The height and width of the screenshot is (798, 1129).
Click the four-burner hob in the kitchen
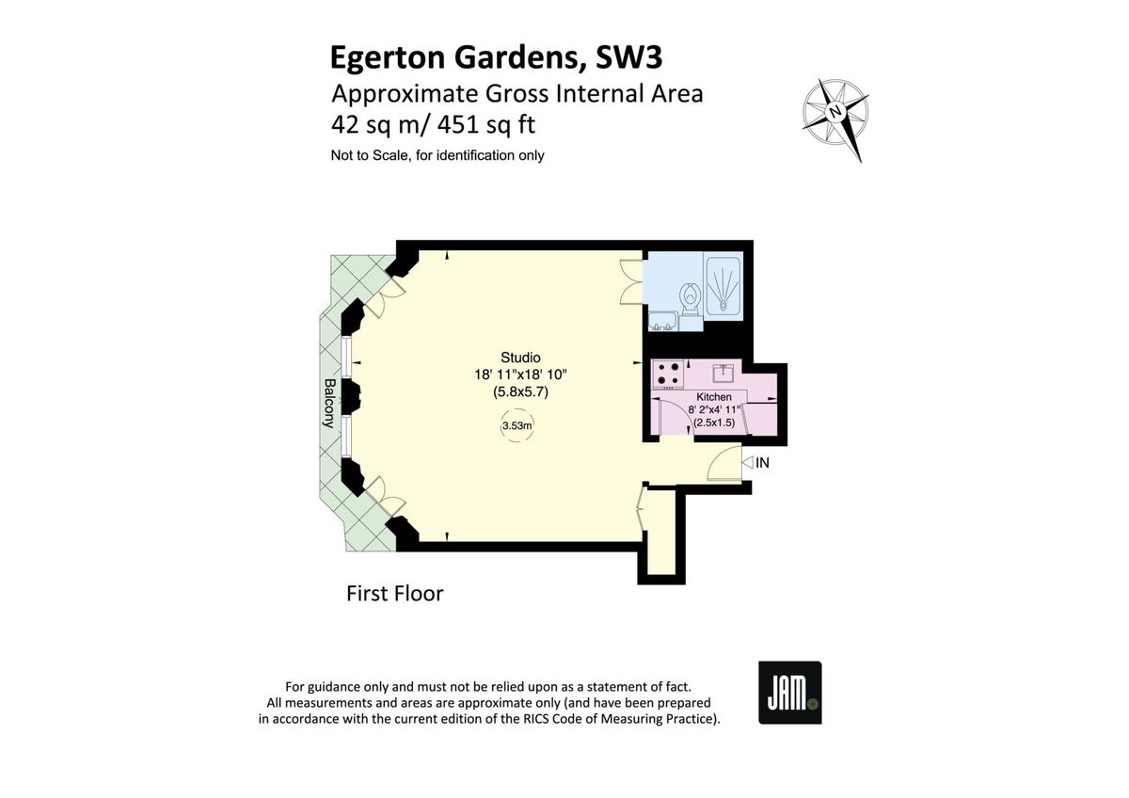(x=669, y=375)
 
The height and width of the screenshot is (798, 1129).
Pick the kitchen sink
(x=725, y=371)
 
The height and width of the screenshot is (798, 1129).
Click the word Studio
(x=520, y=358)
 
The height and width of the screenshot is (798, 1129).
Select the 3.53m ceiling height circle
(x=517, y=426)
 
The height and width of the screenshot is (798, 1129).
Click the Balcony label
(x=329, y=403)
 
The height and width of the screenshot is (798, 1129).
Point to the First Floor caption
(x=394, y=594)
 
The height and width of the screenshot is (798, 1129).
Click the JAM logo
(x=790, y=693)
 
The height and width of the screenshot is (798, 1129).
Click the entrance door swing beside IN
(x=724, y=464)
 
